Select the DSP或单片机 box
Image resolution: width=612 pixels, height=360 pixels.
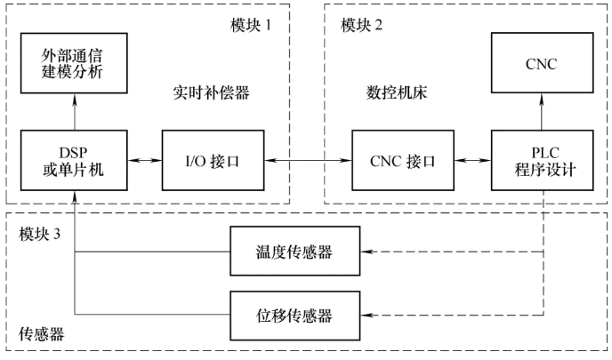(76, 161)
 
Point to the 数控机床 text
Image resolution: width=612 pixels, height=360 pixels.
(392, 92)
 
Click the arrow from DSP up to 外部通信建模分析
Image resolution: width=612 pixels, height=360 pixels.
(76, 112)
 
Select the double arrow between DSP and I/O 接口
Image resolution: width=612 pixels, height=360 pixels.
(142, 161)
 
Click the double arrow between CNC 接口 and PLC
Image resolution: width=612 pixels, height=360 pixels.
(469, 161)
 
